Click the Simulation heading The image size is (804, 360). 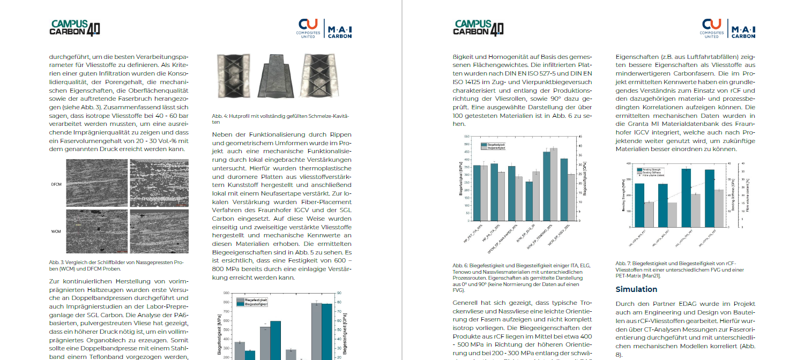click(x=636, y=289)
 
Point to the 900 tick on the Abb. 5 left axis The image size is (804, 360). click(x=226, y=294)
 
